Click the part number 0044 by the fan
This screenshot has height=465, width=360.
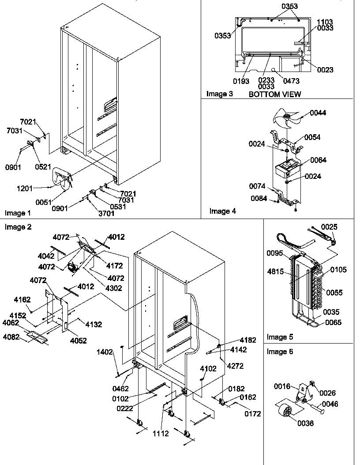tap(318, 113)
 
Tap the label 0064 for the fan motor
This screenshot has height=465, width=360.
tap(318, 160)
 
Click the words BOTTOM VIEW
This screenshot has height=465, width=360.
tap(275, 94)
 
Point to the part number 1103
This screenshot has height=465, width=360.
tap(325, 22)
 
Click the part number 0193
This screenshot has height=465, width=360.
tap(242, 81)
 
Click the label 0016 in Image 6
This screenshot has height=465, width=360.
tap(282, 386)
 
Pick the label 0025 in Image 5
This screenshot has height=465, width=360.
tap(329, 227)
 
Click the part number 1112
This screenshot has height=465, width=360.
tap(161, 434)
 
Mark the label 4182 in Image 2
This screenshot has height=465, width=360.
tap(247, 340)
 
